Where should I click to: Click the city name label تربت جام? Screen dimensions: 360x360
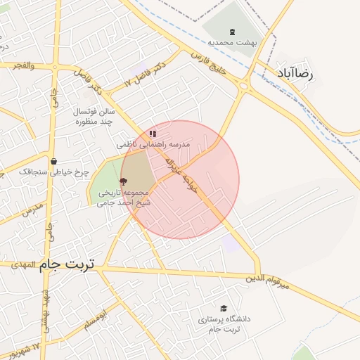click(69, 264)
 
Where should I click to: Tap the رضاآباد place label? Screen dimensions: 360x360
click(309, 73)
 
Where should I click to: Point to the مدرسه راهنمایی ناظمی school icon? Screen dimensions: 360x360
click(153, 134)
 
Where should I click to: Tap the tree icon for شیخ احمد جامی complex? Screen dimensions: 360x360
click(124, 181)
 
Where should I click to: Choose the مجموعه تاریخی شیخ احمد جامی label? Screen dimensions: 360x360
click(124, 198)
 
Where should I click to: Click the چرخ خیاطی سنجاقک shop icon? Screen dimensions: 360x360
click(53, 161)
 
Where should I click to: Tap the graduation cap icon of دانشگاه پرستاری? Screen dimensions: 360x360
click(224, 308)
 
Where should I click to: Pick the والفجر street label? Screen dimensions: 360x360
click(21, 65)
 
